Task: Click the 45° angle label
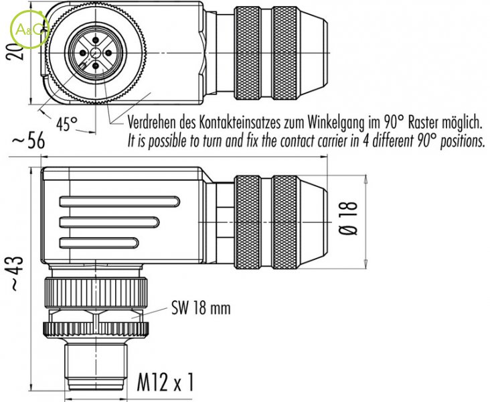(x=66, y=124)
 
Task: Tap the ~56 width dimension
(x=27, y=141)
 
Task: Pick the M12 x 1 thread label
(x=167, y=382)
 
